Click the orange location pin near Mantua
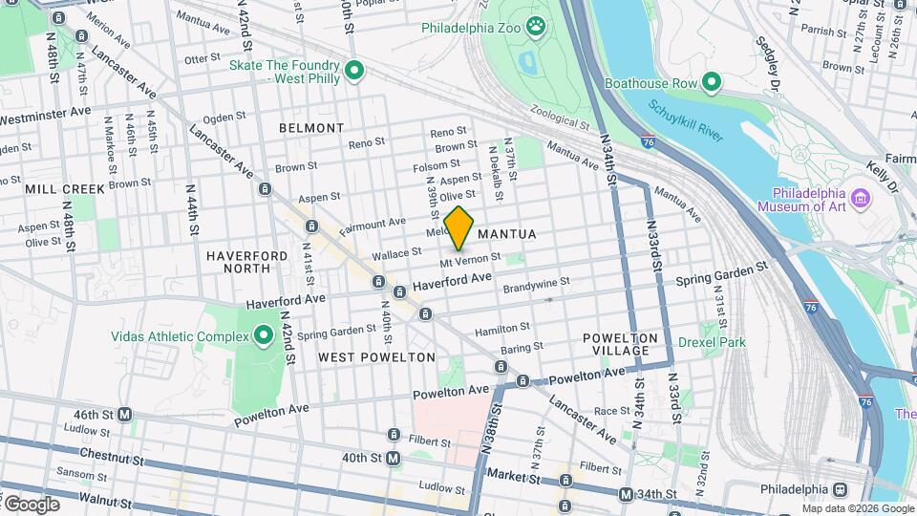(459, 227)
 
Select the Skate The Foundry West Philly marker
(355, 70)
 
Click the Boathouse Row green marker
(711, 83)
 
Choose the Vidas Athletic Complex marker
(264, 336)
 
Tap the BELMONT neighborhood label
(311, 127)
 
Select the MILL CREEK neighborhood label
(65, 188)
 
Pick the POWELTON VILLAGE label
(621, 344)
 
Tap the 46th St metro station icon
(124, 415)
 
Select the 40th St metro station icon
(394, 459)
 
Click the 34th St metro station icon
(626, 494)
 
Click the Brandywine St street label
(536, 283)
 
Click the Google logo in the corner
(31, 504)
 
